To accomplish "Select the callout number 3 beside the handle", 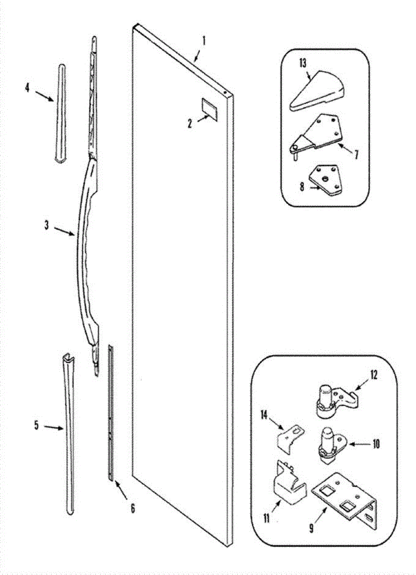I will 47,225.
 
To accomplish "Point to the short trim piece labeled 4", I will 61,114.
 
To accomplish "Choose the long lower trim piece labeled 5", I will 69,431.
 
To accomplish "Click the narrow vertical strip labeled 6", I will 111,412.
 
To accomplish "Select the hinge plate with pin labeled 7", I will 319,133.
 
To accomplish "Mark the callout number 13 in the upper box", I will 303,63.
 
